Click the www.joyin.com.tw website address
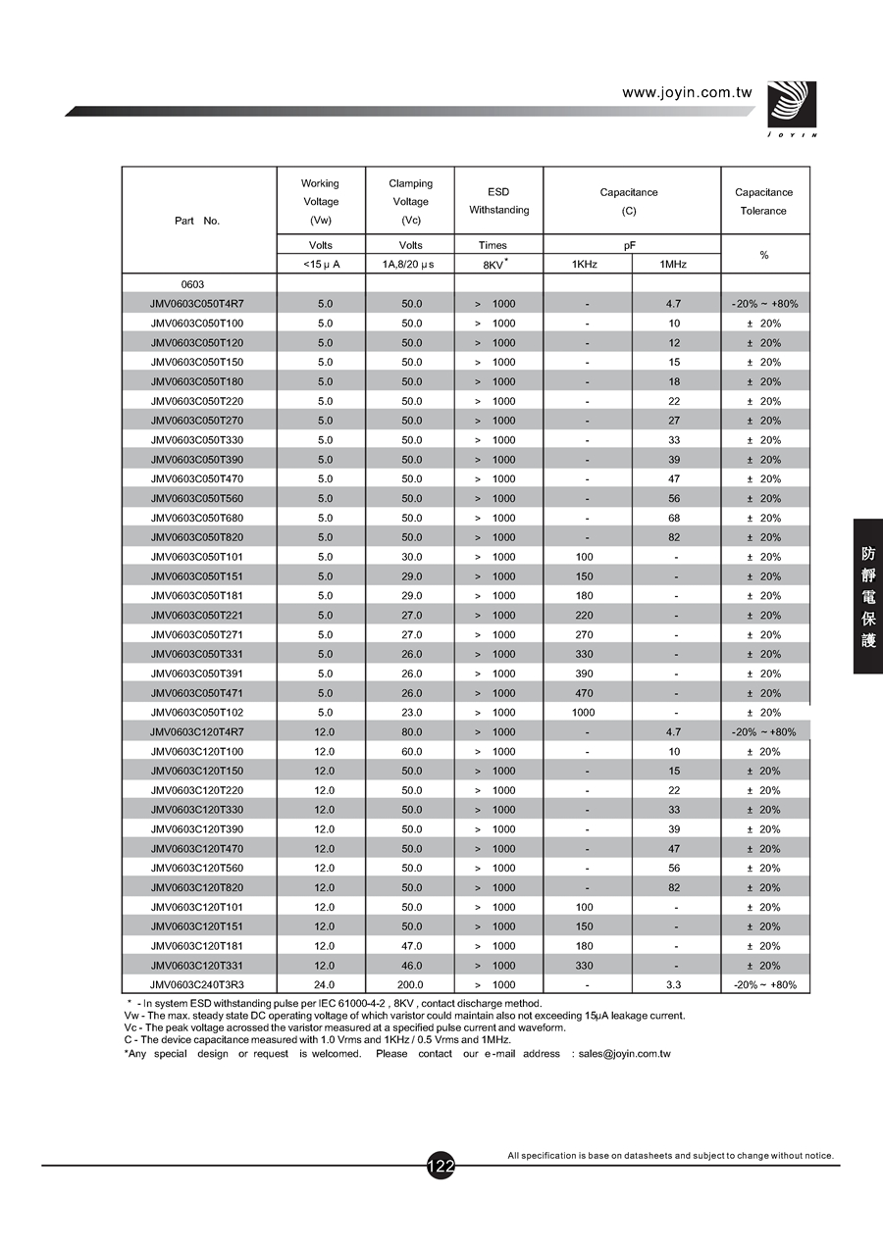(x=687, y=93)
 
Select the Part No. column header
(x=197, y=221)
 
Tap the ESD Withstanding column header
(x=498, y=201)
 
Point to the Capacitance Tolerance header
(x=763, y=201)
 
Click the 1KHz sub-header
(x=587, y=264)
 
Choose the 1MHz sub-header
(x=674, y=264)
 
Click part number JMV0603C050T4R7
(x=197, y=304)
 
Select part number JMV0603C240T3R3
(x=197, y=984)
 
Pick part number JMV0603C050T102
(x=197, y=713)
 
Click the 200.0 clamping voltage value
(x=410, y=984)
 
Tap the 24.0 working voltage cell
(x=325, y=984)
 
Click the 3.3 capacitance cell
(x=674, y=984)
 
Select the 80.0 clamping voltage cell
(x=410, y=732)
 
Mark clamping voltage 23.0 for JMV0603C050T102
(x=410, y=713)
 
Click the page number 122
(x=441, y=1166)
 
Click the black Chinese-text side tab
(x=868, y=596)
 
